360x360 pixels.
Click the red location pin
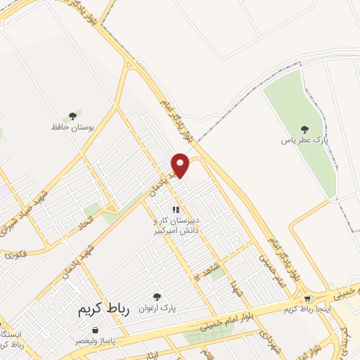(x=181, y=165)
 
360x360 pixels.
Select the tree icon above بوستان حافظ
(x=72, y=116)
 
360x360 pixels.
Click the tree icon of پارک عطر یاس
(x=304, y=129)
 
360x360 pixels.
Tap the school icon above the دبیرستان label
(x=177, y=209)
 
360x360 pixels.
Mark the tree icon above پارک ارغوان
(x=157, y=297)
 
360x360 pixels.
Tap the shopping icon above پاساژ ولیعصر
(x=95, y=330)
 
